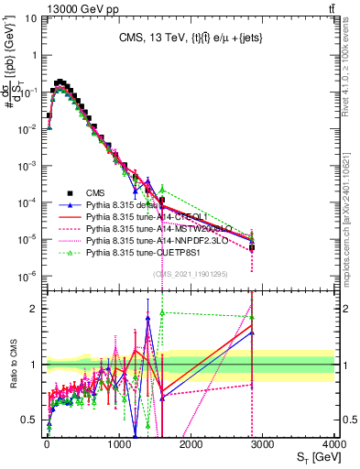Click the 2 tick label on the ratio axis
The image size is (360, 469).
click(x=38, y=308)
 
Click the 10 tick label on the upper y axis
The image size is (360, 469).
click(x=33, y=18)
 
